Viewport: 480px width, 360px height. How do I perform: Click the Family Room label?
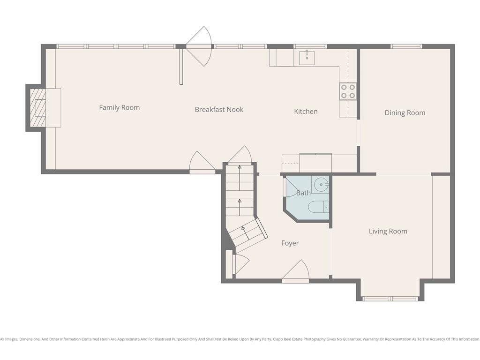(120, 107)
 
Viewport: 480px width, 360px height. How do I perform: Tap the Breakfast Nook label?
(219, 109)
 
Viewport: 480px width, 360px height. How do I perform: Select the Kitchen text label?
(306, 112)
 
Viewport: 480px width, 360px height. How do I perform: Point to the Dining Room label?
(405, 112)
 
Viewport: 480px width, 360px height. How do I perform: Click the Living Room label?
(388, 231)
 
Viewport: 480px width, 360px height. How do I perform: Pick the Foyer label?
(290, 243)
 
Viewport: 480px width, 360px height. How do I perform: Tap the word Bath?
(303, 193)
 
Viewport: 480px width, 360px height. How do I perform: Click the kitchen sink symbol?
(307, 58)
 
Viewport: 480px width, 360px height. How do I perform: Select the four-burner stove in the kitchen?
(348, 91)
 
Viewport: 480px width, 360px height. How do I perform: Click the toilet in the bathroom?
(318, 207)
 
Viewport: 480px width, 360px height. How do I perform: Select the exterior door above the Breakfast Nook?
(199, 46)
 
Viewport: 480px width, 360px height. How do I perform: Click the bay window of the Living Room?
(390, 299)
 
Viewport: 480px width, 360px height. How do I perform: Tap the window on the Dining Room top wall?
(406, 46)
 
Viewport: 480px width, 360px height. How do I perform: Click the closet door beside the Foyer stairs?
(241, 264)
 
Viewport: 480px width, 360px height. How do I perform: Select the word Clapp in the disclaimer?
(279, 339)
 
